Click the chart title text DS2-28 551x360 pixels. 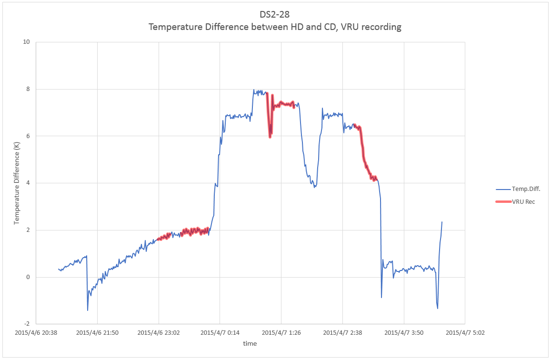tap(274, 14)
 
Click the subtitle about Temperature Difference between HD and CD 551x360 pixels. tap(275, 27)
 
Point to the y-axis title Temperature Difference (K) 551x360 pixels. tap(17, 183)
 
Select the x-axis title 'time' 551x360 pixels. tap(250, 343)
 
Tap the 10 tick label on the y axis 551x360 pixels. tap(26, 42)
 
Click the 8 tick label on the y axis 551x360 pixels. tap(28, 89)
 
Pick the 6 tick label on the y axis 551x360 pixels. tap(28, 136)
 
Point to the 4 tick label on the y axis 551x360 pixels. tap(28, 183)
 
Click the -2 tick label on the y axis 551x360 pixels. tap(27, 324)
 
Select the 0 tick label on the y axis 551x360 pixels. tap(28, 277)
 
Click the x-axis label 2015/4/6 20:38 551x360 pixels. tap(36, 332)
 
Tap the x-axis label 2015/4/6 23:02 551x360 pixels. tap(159, 332)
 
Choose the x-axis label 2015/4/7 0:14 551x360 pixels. tap(220, 332)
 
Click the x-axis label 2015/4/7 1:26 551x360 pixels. tap(281, 332)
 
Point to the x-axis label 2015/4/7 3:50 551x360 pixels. tap(404, 332)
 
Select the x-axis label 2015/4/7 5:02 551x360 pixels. tap(465, 332)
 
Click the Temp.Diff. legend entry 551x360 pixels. tap(518, 189)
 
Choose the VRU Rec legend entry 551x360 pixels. tap(515, 201)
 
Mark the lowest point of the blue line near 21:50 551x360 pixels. tap(88, 310)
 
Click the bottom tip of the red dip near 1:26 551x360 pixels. tap(270, 137)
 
